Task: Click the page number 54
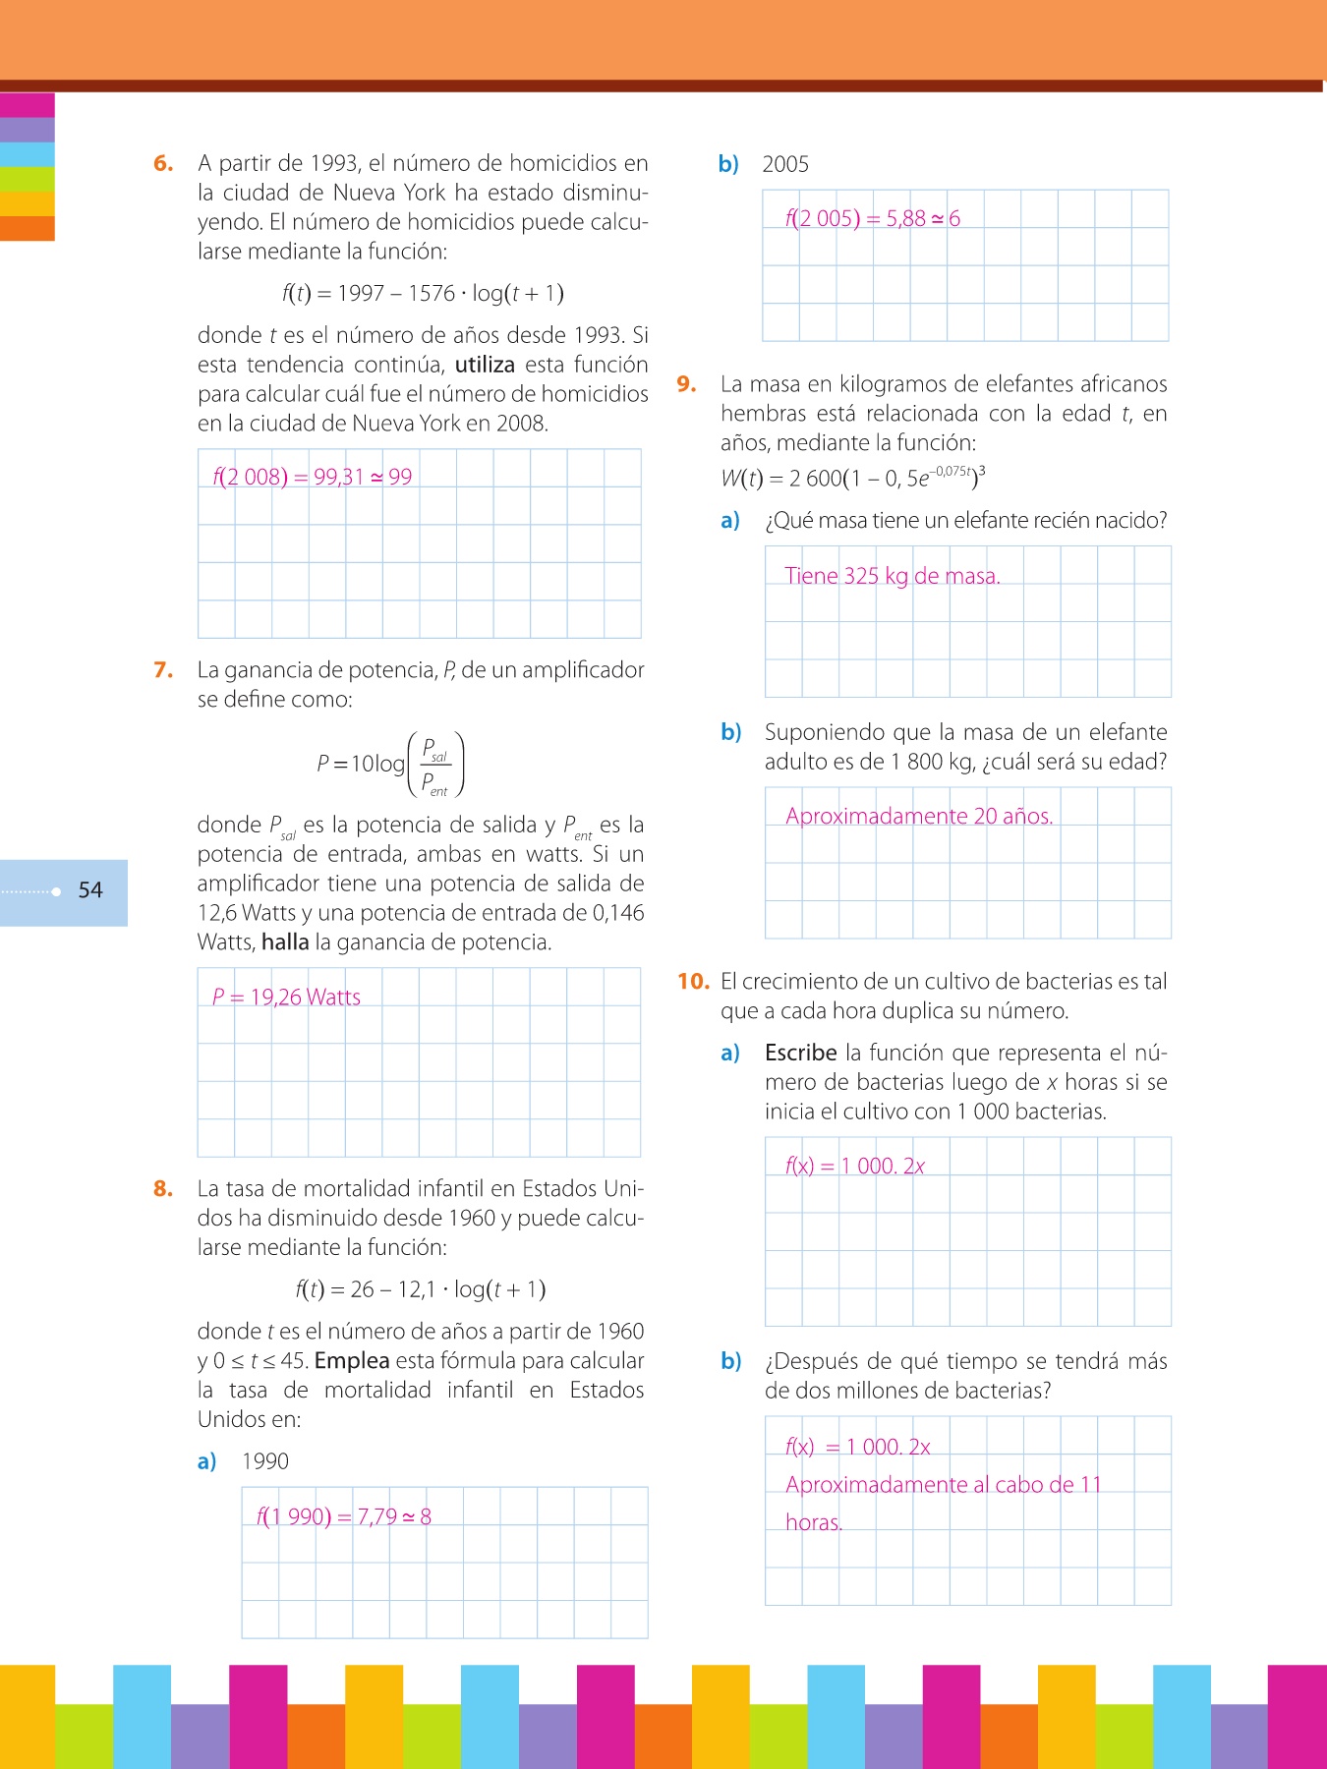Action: [x=90, y=890]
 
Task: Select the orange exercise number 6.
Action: [x=163, y=163]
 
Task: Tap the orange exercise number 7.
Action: [x=163, y=670]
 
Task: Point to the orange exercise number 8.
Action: [x=163, y=1189]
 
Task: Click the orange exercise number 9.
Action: [x=686, y=384]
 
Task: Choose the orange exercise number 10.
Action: [x=693, y=981]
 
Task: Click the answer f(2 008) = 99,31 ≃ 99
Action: [x=313, y=478]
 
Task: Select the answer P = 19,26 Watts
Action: [x=286, y=998]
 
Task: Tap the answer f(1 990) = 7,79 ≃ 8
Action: [x=344, y=1516]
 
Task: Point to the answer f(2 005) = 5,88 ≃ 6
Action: [x=873, y=218]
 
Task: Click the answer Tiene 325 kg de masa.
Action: [x=893, y=576]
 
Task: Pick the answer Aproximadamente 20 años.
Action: [x=919, y=816]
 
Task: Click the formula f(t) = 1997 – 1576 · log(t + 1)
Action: [x=423, y=293]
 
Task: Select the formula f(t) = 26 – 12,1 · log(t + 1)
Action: [x=421, y=1289]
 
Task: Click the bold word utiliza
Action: [x=485, y=365]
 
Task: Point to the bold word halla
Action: [x=285, y=942]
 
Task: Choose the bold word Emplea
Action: [x=352, y=1361]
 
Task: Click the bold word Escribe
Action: [x=800, y=1053]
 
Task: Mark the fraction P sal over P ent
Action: [x=434, y=766]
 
